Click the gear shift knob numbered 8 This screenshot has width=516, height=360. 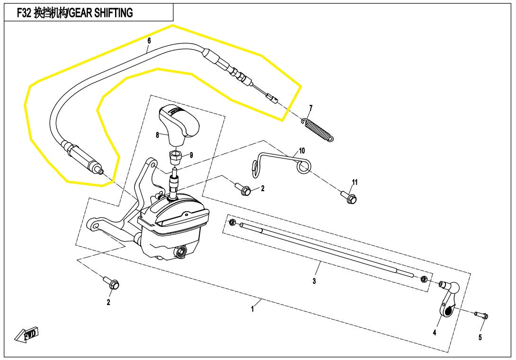[x=180, y=122]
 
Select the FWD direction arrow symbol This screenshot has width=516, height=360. [x=27, y=333]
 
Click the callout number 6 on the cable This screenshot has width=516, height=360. [x=149, y=41]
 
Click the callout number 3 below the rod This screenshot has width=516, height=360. [x=314, y=281]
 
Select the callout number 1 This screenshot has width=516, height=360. [x=253, y=309]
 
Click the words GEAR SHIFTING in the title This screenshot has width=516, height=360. [x=101, y=13]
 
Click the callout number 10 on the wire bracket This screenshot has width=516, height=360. [x=302, y=151]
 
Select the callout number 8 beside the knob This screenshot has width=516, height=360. [x=157, y=135]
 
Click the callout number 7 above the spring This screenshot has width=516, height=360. [x=311, y=108]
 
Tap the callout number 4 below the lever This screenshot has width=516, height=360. [x=435, y=333]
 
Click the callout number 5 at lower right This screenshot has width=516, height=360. [x=480, y=337]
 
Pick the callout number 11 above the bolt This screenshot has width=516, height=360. [x=355, y=182]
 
